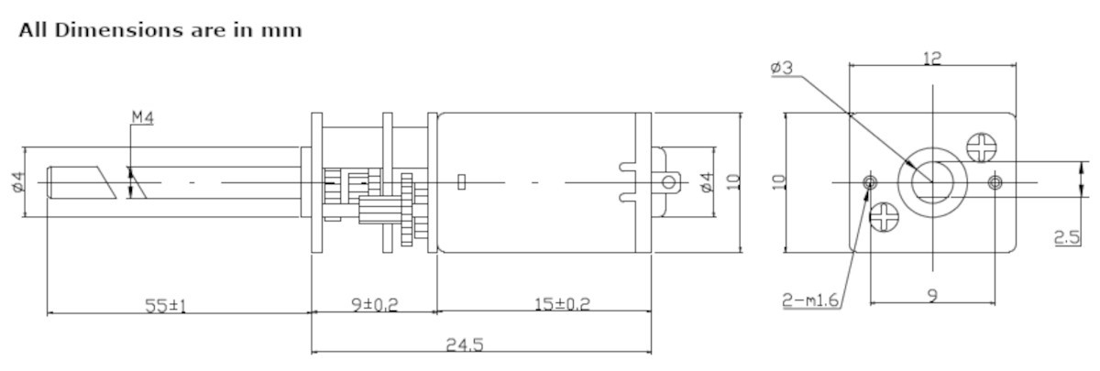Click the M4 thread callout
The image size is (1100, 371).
142,117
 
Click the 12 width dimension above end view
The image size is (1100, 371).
932,58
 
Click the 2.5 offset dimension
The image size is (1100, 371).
1065,236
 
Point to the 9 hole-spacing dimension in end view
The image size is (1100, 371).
932,295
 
